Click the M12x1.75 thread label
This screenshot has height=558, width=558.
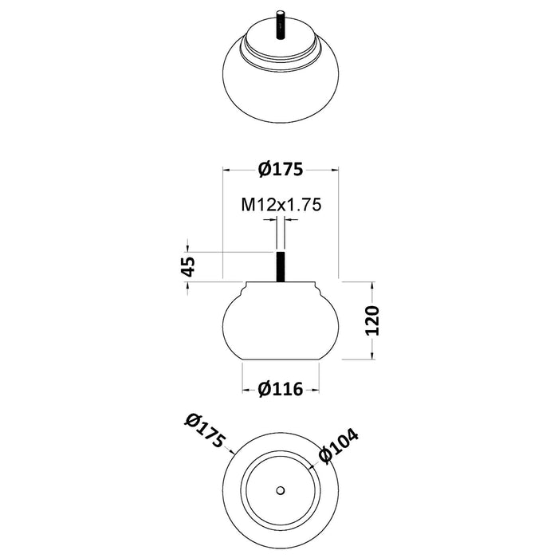coord(281,205)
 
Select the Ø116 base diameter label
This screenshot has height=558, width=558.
coord(281,389)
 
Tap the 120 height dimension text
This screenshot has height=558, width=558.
coord(372,320)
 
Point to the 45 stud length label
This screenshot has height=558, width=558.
coord(188,266)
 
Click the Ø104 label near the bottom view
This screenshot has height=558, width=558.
coord(338,446)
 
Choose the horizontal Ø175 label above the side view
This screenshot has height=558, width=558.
coord(281,169)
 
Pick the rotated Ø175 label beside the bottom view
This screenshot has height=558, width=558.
coord(205,430)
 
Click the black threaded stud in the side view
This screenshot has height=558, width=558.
coord(281,267)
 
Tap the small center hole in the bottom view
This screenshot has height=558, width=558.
coord(281,490)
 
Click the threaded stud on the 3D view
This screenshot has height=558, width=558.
coord(281,26)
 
